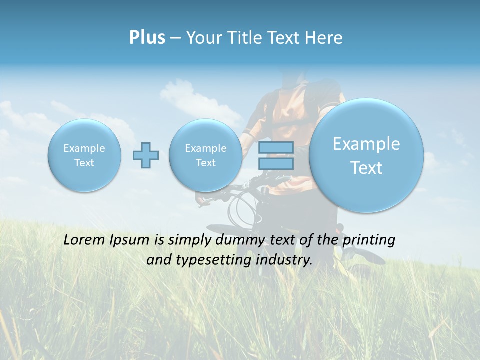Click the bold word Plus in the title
point(147,38)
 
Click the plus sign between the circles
point(146,155)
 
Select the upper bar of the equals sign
point(276,147)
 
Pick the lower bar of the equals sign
point(276,163)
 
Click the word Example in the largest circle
point(366,144)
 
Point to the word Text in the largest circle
point(366,168)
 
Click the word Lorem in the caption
point(82,240)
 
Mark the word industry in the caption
point(287,260)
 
